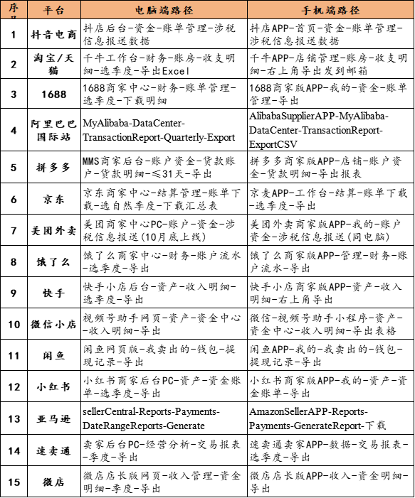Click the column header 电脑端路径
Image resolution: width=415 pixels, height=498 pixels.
[164, 11]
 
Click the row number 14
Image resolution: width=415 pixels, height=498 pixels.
[14, 450]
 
